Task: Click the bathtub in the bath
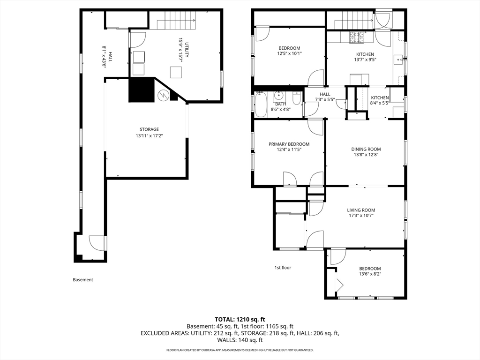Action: pyautogui.click(x=261, y=105)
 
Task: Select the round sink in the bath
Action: pyautogui.click(x=279, y=96)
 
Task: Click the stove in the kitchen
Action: pyautogui.click(x=357, y=37)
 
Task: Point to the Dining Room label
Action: pyautogui.click(x=366, y=149)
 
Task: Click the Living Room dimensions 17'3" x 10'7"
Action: pyautogui.click(x=361, y=215)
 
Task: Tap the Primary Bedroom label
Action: pyautogui.click(x=289, y=144)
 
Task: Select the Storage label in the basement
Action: pyautogui.click(x=149, y=129)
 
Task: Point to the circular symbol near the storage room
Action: pyautogui.click(x=163, y=96)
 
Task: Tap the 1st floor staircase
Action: pyautogui.click(x=354, y=20)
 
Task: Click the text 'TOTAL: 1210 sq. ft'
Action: pyautogui.click(x=240, y=320)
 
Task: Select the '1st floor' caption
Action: pyautogui.click(x=283, y=268)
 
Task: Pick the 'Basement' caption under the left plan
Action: pyautogui.click(x=82, y=279)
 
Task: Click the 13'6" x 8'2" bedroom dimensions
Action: pyautogui.click(x=370, y=274)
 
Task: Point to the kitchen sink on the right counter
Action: pyautogui.click(x=398, y=58)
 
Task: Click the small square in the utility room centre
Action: pyautogui.click(x=176, y=73)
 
